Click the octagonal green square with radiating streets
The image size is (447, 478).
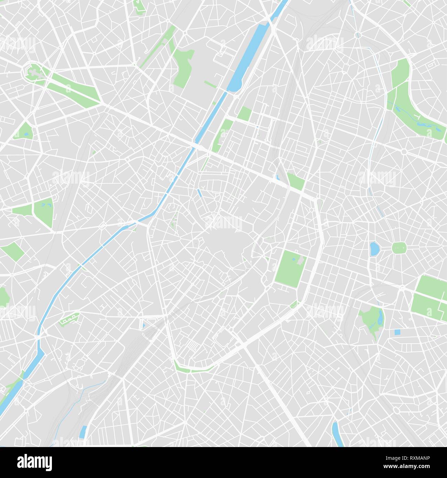tap(399, 247)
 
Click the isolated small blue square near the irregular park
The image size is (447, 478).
tap(397, 332)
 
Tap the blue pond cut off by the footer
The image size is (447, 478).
tap(336, 435)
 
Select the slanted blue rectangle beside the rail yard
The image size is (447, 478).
tap(83, 432)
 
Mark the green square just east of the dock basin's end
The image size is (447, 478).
tap(244, 113)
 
